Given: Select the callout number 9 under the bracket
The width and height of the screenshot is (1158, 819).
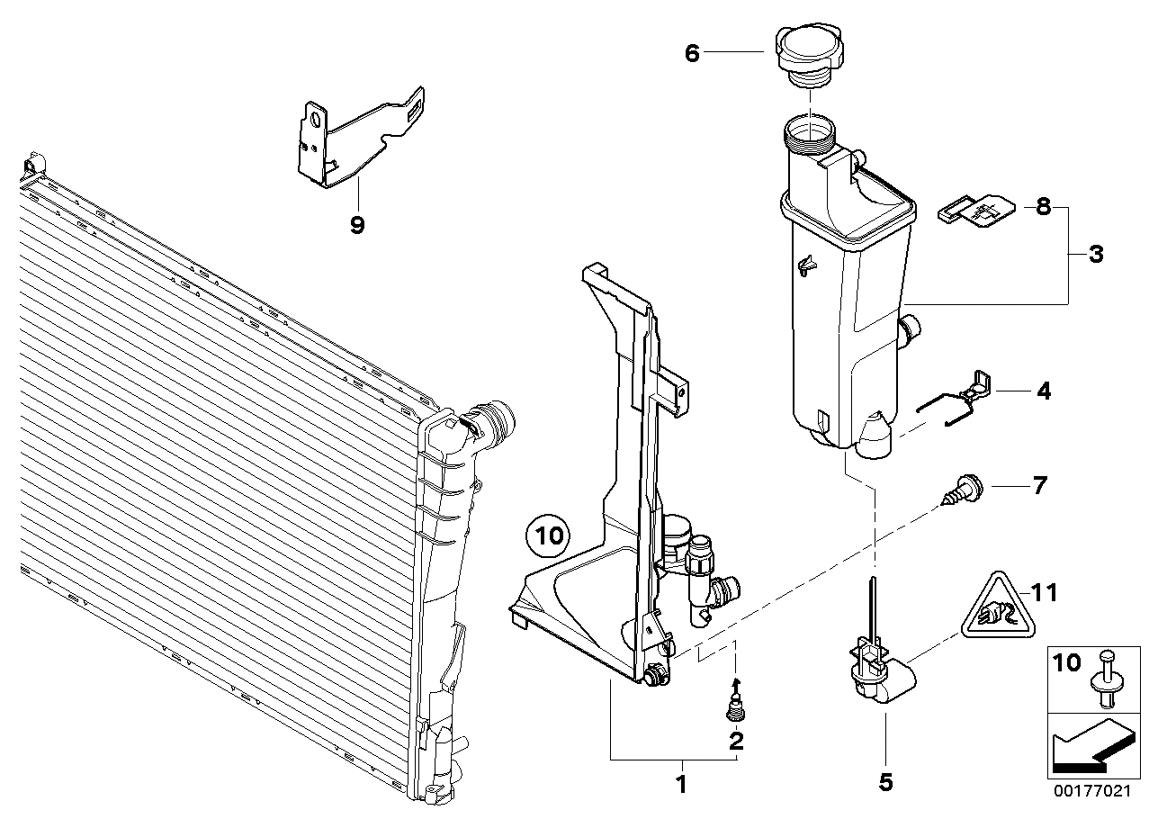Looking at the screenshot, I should pos(357,225).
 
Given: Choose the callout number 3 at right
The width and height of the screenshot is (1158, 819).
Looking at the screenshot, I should pos(1095,255).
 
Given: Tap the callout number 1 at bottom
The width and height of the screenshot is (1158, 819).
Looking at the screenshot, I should pos(680,784).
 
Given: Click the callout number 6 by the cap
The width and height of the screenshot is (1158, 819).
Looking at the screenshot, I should pos(691,53).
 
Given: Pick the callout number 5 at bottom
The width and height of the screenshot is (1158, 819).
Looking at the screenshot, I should pos(885,783).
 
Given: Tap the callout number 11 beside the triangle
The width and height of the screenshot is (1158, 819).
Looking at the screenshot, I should pos(1045,592).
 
